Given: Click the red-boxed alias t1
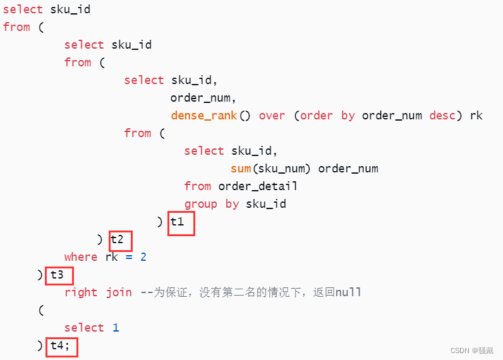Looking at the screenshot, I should coord(181,223).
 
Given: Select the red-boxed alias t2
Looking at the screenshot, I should coord(120,240).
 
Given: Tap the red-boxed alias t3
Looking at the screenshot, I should coord(59,275).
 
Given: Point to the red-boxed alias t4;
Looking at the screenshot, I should coord(61,346).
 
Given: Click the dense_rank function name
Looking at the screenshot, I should coord(203,116).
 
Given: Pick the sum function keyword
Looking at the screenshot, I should coord(241,169).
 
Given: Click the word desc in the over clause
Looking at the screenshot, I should coord(442,116).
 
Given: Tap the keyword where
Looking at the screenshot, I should coord(81,257).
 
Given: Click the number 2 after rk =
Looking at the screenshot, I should coord(143,257).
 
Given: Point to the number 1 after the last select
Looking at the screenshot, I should coord(116,328).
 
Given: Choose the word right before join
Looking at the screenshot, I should coord(81,292).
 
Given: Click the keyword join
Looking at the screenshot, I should coord(119,292).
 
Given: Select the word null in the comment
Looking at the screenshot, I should coord(348,292).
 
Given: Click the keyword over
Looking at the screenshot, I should coord(272,116).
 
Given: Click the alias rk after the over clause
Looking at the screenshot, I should coord(476,116).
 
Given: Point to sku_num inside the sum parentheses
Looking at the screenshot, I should coord(282,169).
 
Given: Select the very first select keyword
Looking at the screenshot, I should coord(23,9).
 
